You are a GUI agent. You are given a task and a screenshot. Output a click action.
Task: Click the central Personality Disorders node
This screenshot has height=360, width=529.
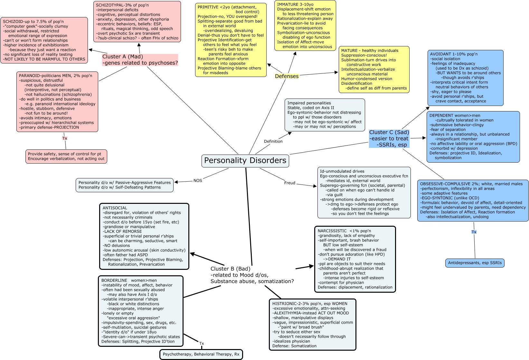click(x=245, y=161)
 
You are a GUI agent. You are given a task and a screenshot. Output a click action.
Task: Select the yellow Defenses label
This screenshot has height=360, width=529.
click(x=287, y=76)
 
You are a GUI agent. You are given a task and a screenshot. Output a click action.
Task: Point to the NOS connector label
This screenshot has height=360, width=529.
click(x=198, y=180)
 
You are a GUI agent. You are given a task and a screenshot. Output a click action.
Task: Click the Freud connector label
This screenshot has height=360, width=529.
click(x=290, y=183)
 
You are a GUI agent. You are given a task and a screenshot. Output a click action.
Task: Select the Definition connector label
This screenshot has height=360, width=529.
click(x=273, y=141)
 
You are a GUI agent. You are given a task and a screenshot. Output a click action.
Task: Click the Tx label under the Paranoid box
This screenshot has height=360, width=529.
click(x=65, y=138)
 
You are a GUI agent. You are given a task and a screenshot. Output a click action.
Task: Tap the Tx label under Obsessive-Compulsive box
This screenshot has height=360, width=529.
click(x=474, y=232)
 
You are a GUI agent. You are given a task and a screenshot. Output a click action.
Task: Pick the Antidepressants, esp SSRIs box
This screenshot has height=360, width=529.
click(x=475, y=263)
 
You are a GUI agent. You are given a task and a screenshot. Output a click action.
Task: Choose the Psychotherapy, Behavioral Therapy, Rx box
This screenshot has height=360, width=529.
click(x=201, y=354)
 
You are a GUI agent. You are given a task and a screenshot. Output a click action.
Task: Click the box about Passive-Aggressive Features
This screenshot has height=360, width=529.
click(x=125, y=185)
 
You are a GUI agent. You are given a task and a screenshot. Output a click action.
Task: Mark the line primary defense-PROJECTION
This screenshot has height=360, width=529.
click(x=49, y=127)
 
